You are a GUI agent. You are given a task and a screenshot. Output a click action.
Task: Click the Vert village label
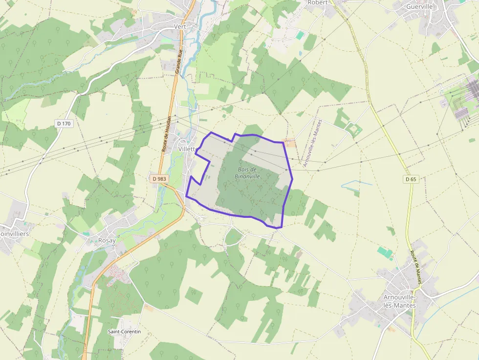(x=181, y=26)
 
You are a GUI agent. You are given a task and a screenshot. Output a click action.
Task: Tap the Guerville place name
(x=420, y=7)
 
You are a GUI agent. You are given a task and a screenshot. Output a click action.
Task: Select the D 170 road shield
(x=64, y=124)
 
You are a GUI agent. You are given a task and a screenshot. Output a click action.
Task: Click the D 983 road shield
(x=159, y=179)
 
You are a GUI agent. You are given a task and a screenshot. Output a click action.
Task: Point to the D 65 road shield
(x=411, y=179)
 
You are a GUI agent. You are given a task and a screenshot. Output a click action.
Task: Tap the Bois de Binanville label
(x=247, y=173)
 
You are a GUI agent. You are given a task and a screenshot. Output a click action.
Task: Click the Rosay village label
(x=107, y=240)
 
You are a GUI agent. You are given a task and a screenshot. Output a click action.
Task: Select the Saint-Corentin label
(x=124, y=332)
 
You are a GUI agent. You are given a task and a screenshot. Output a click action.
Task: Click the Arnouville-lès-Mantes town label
(x=399, y=301)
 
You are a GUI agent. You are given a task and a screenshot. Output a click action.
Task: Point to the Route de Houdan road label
(x=167, y=134)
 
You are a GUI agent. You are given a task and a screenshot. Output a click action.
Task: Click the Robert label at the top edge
(x=318, y=2)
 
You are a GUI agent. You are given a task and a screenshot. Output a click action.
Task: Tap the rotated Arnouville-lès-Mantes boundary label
(x=313, y=144)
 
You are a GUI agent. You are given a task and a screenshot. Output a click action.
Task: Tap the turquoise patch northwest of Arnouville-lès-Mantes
(x=385, y=253)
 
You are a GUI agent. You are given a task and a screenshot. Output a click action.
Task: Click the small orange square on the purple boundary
(x=291, y=143)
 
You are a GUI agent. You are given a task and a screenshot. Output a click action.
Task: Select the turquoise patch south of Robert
(x=300, y=35)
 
